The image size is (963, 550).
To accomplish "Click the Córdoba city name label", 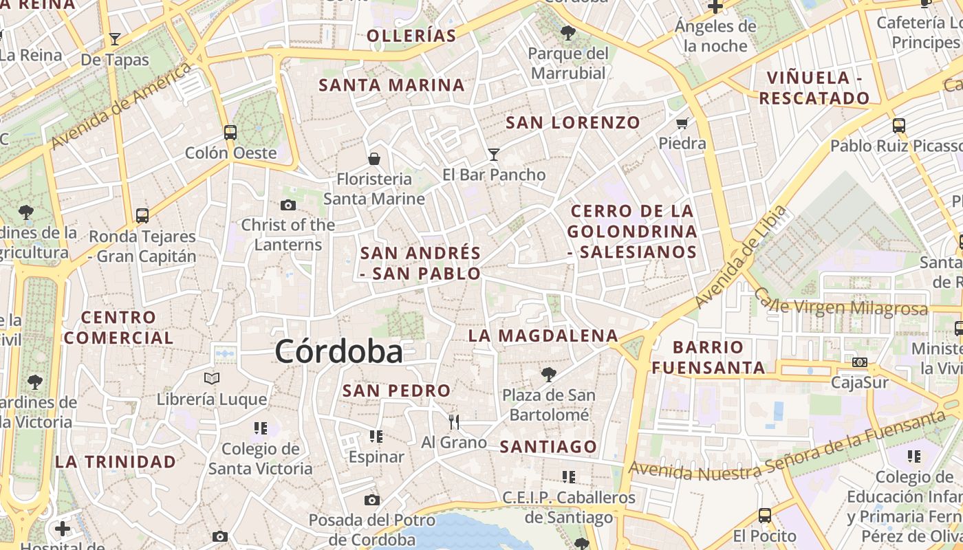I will click(x=338, y=352).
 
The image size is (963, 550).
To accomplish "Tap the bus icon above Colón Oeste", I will click(x=230, y=132).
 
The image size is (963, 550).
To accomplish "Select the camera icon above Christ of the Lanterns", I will click(x=288, y=205).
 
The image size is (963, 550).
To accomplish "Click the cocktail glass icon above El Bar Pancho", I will click(x=493, y=154).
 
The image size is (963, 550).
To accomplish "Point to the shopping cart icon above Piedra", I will click(x=682, y=124).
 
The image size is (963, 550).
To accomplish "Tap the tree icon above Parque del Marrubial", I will click(x=568, y=32).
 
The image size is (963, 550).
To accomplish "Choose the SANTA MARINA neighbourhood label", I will click(x=392, y=85).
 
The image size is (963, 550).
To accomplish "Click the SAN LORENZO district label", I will click(x=573, y=123).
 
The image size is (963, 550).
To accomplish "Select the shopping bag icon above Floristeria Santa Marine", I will click(x=374, y=159).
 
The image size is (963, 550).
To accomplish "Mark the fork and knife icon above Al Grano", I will click(x=453, y=421).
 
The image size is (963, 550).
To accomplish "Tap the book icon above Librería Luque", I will click(x=212, y=378).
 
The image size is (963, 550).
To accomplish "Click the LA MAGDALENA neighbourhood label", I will click(x=543, y=335).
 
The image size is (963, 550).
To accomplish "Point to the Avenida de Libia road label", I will click(x=740, y=256).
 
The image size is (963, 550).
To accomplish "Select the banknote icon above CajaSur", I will click(x=859, y=362).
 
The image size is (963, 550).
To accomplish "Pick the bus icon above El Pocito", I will click(x=764, y=516).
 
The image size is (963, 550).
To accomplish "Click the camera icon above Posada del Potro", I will click(x=372, y=500).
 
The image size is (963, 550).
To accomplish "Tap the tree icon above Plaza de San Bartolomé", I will click(x=548, y=375).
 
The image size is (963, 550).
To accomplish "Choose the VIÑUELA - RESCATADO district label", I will click(x=815, y=88).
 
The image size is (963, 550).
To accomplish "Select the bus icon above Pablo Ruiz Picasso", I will click(x=899, y=126).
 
